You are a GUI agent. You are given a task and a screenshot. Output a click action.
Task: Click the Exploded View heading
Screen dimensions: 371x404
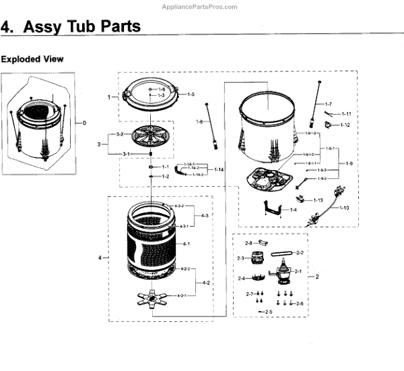pos(32,59)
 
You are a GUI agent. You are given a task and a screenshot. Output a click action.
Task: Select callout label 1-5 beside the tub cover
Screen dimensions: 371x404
pos(191,94)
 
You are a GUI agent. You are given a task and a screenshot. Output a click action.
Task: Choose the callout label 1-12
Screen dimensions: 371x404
pos(345,125)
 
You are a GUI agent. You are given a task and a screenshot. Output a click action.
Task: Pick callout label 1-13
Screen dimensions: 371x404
pos(318,200)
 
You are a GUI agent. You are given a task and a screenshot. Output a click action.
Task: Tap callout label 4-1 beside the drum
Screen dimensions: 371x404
pos(187,244)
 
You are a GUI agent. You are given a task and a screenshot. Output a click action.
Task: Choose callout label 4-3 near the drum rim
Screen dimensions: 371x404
pos(205,215)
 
